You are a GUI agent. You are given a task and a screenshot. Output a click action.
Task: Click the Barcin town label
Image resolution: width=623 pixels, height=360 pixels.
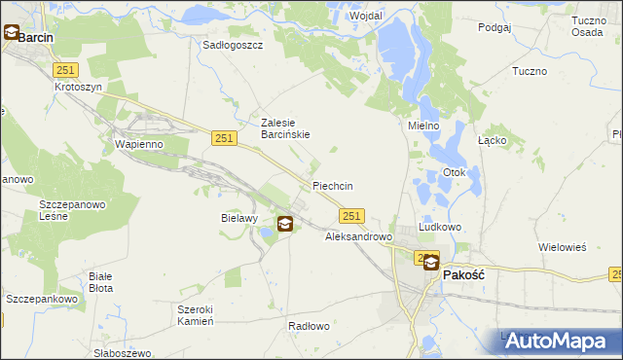(x=35, y=37)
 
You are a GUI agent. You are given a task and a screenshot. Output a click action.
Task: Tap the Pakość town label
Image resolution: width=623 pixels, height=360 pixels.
(x=464, y=275)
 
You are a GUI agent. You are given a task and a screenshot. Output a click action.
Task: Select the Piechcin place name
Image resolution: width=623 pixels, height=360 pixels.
(x=332, y=186)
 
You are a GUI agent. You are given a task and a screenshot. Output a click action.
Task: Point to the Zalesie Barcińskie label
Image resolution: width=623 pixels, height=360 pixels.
(x=285, y=128)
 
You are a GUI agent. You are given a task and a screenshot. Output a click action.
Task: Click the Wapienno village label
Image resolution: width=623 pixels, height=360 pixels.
(x=137, y=144)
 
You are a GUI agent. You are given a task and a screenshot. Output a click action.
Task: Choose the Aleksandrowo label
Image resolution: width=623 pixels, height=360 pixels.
(x=357, y=236)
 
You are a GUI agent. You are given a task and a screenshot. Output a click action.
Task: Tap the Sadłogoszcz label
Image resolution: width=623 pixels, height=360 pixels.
(x=233, y=45)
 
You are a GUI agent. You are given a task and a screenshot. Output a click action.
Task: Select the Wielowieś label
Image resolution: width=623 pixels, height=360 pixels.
(x=562, y=247)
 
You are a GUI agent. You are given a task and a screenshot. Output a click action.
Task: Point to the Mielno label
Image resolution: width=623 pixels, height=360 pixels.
(x=423, y=126)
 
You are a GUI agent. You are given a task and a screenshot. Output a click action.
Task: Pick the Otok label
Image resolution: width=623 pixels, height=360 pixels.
(x=455, y=173)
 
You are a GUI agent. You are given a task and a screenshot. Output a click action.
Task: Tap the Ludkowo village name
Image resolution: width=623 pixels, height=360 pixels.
(x=439, y=226)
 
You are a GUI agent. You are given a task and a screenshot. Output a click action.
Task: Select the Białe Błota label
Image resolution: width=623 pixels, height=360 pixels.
(x=107, y=282)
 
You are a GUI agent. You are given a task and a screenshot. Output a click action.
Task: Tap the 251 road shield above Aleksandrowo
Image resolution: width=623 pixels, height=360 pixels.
(x=352, y=216)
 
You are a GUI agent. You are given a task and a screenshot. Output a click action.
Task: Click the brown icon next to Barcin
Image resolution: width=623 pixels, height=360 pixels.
(x=11, y=33)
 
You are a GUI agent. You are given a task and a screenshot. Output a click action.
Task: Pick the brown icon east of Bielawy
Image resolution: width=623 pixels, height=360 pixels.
(x=285, y=224)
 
